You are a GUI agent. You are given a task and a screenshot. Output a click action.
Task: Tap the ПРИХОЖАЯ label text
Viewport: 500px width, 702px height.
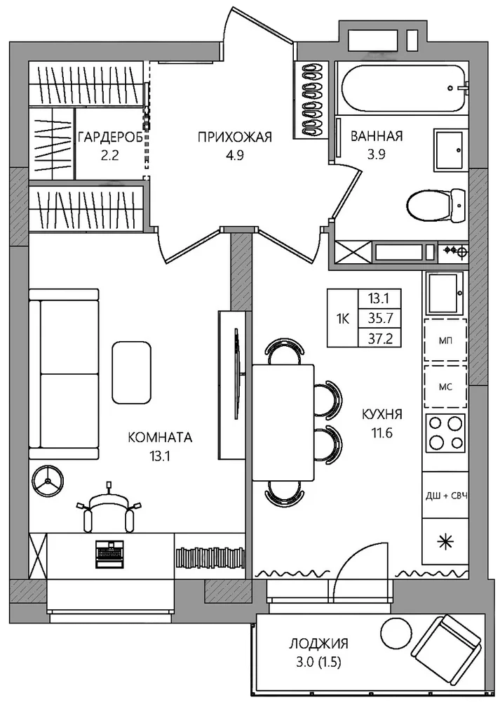click(x=235, y=137)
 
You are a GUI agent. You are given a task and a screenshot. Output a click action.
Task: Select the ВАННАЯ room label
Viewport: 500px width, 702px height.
click(x=377, y=136)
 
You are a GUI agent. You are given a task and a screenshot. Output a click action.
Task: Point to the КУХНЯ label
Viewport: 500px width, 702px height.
click(x=382, y=414)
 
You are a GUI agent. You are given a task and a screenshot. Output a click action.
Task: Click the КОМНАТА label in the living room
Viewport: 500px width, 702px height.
click(x=160, y=437)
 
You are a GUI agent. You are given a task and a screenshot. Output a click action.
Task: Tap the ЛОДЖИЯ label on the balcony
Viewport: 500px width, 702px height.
click(x=318, y=644)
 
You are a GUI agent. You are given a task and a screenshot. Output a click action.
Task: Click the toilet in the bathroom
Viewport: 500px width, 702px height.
click(x=436, y=204)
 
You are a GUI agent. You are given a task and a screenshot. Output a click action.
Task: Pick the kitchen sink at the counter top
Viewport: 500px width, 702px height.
click(x=445, y=293)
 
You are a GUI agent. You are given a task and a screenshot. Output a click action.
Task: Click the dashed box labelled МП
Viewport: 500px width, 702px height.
click(x=445, y=340)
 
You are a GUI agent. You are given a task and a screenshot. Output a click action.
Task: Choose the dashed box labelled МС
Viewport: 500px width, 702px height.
click(x=445, y=387)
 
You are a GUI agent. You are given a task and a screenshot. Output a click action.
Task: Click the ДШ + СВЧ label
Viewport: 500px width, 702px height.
click(x=446, y=496)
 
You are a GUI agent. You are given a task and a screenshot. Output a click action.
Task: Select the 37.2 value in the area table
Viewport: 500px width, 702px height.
click(x=380, y=339)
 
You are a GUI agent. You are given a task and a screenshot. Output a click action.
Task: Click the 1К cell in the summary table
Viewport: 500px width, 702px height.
click(x=343, y=318)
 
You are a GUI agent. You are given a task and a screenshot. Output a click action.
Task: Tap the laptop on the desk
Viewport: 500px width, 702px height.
click(x=109, y=554)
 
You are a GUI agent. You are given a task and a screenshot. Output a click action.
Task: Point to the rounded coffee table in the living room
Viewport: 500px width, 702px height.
click(x=132, y=373)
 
